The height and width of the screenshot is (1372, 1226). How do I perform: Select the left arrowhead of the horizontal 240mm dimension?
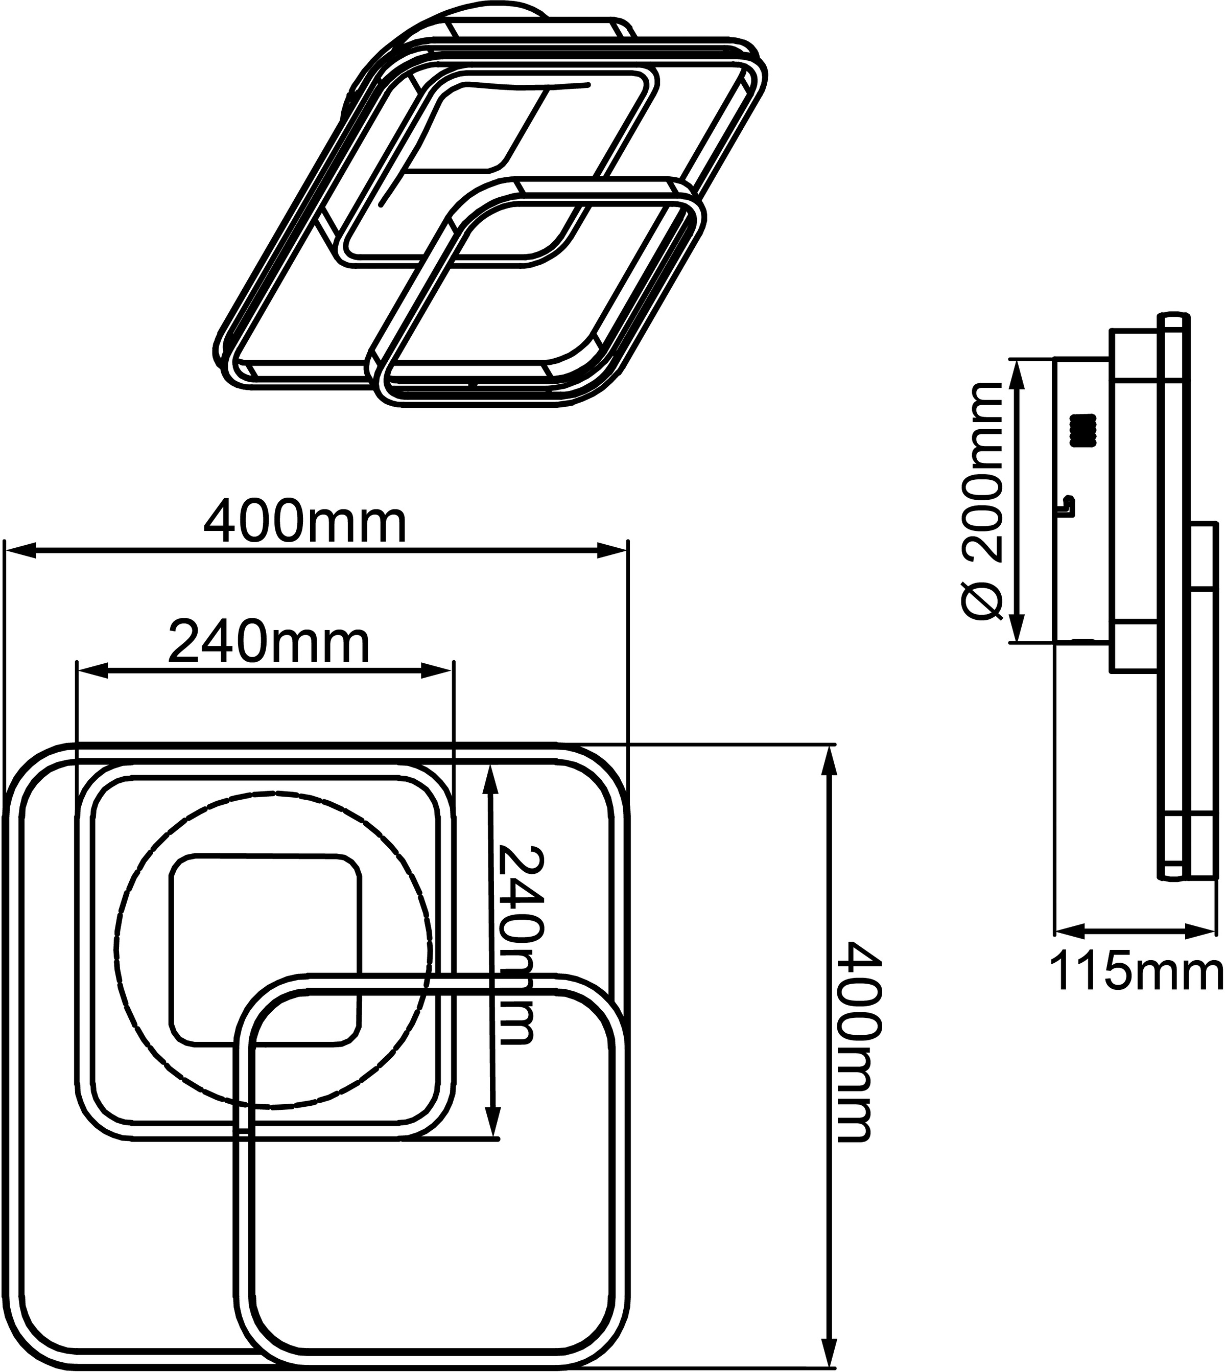[93, 670]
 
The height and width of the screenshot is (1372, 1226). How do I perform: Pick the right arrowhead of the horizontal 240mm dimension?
[437, 670]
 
